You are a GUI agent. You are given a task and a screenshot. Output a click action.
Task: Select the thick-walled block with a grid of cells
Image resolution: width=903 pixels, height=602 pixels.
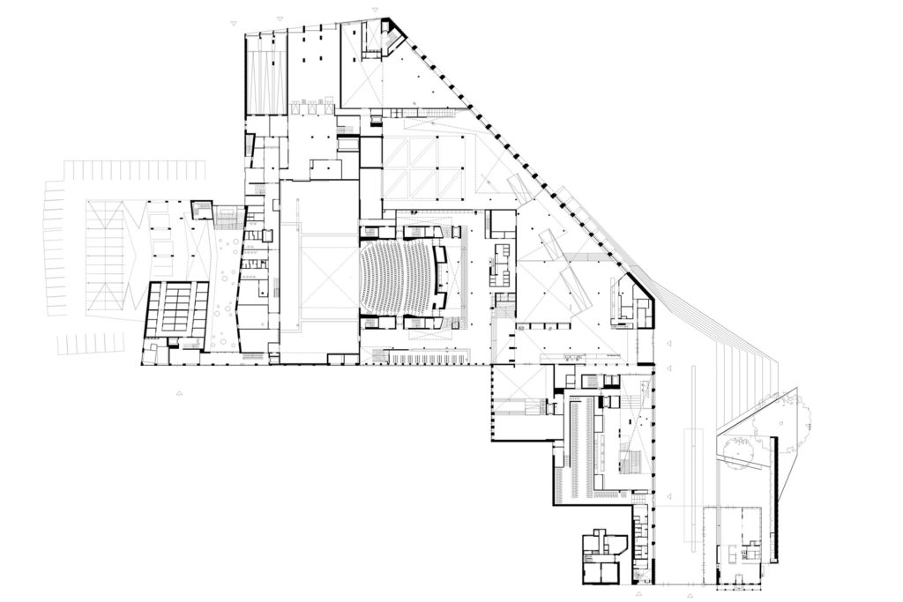pos(176,309)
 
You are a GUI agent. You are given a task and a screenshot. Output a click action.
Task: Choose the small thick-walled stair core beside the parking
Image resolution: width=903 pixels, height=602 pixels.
pos(202,209)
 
